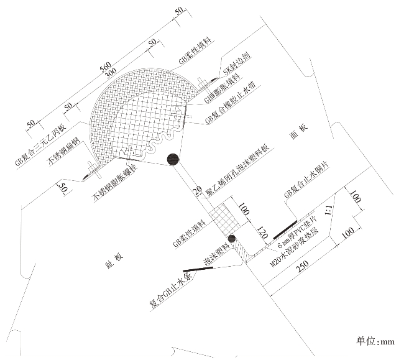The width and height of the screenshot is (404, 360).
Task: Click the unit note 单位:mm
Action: [375, 341]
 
